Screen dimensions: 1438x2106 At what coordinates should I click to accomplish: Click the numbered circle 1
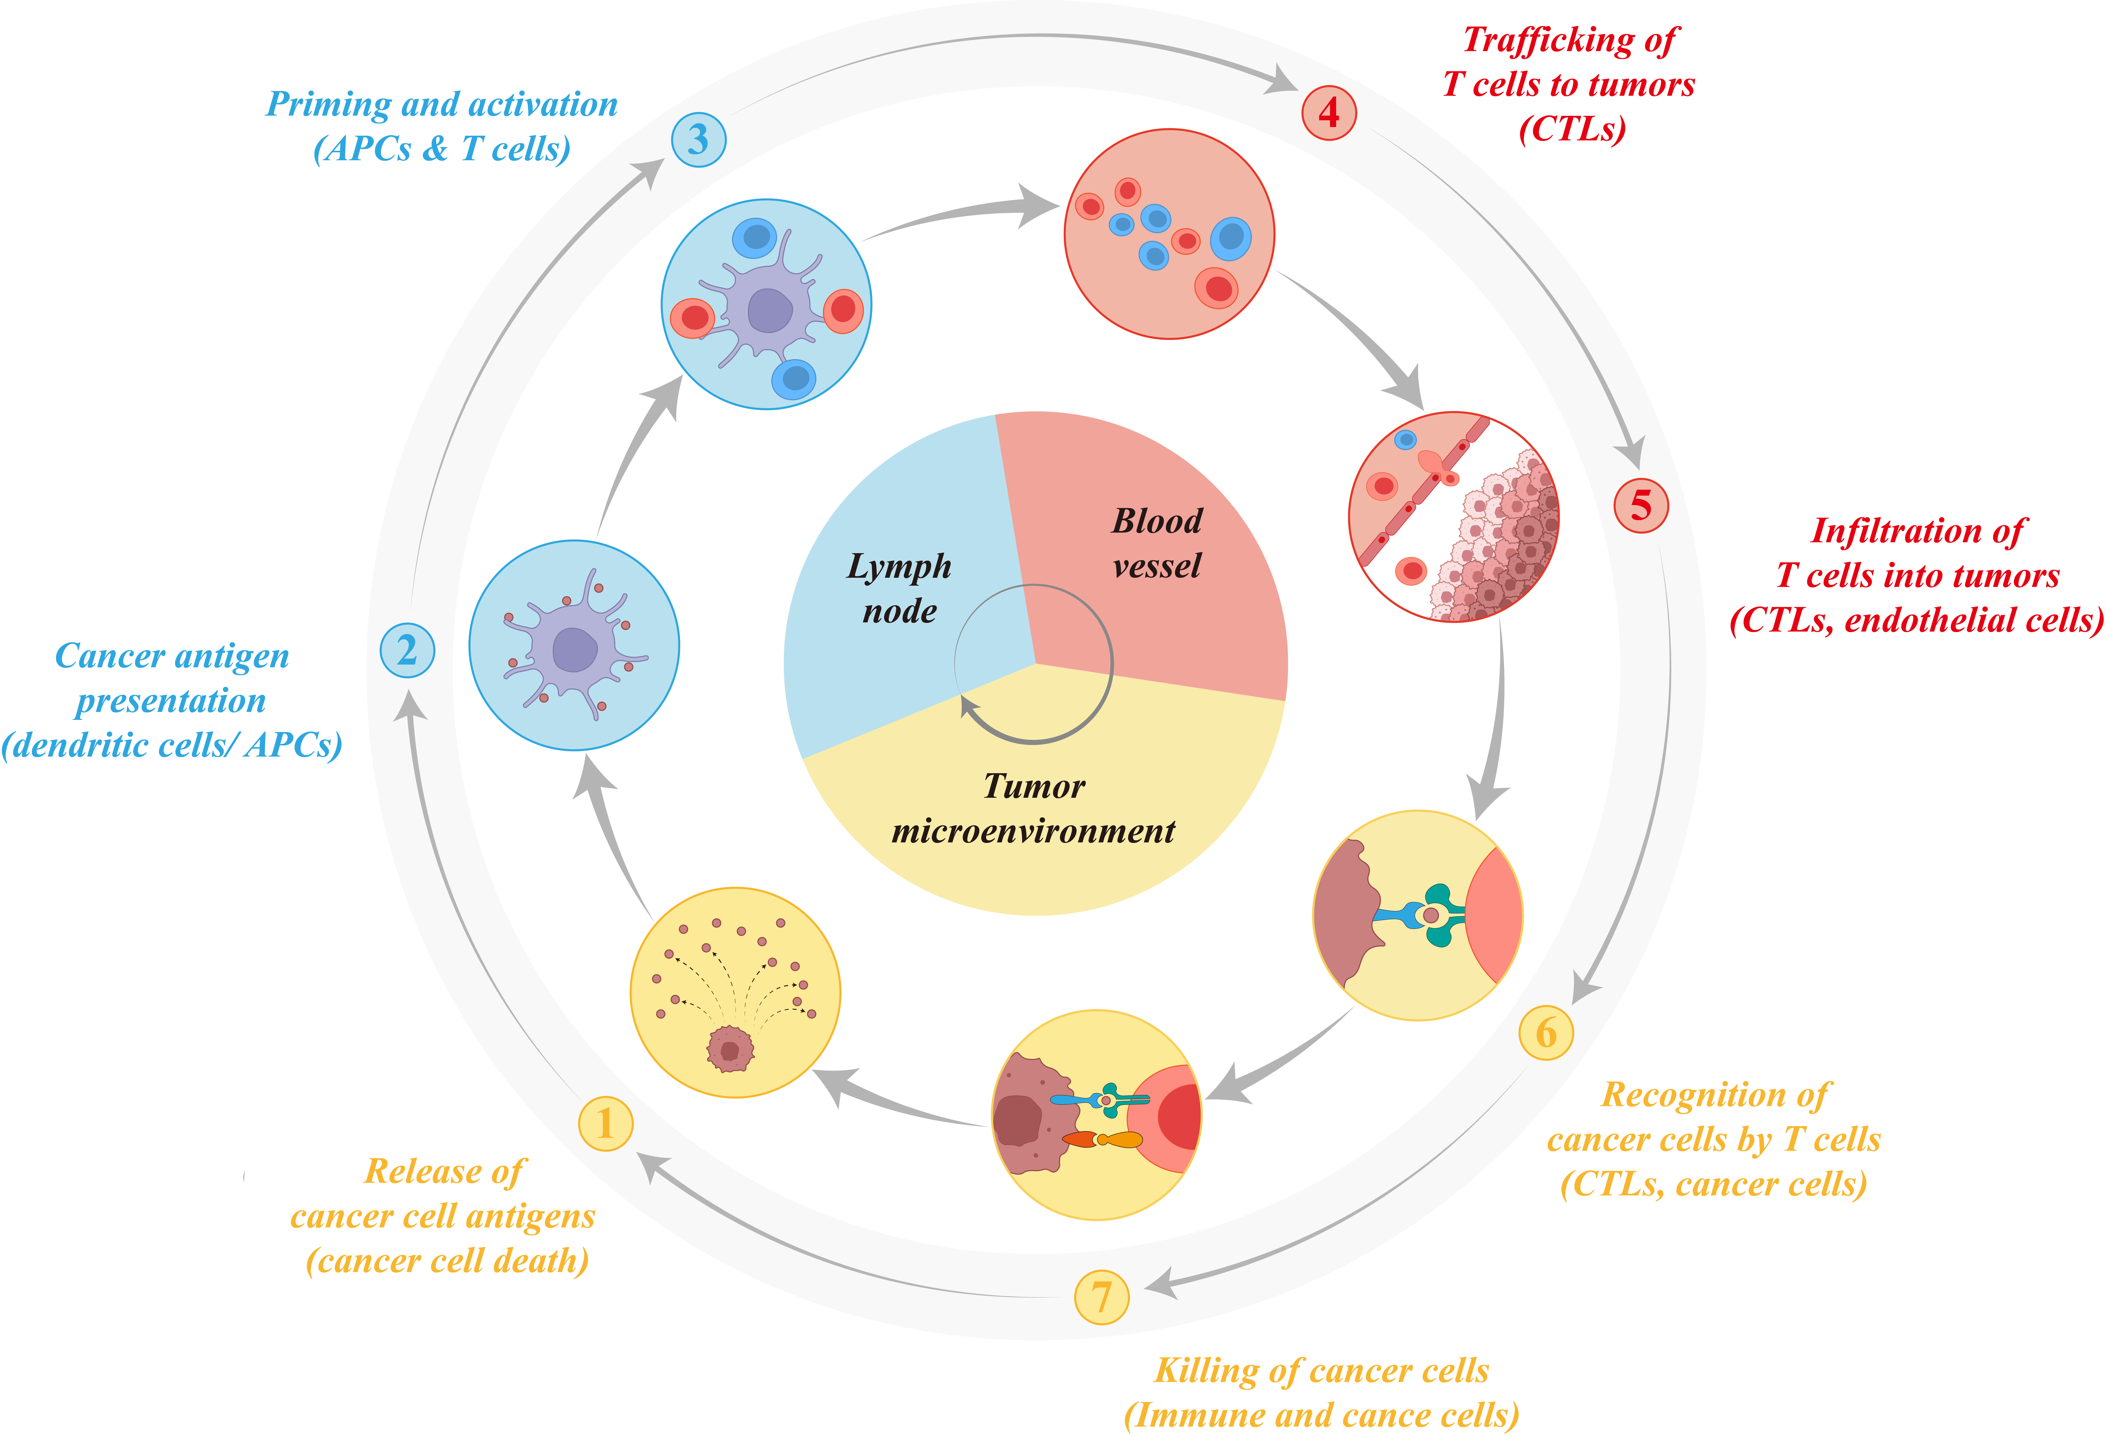605,1123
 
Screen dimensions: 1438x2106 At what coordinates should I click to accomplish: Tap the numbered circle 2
407,651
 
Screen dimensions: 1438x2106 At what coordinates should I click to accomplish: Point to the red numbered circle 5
1641,505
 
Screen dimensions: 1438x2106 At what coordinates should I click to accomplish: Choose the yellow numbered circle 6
1546,1032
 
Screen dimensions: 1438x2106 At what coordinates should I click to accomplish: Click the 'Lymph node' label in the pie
899,588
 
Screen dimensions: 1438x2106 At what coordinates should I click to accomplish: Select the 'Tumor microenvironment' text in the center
1034,808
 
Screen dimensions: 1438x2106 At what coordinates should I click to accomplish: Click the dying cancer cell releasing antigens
729,1049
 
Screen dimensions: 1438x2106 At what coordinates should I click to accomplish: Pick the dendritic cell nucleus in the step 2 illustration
574,650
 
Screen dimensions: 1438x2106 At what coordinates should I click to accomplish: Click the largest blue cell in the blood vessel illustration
1231,237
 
